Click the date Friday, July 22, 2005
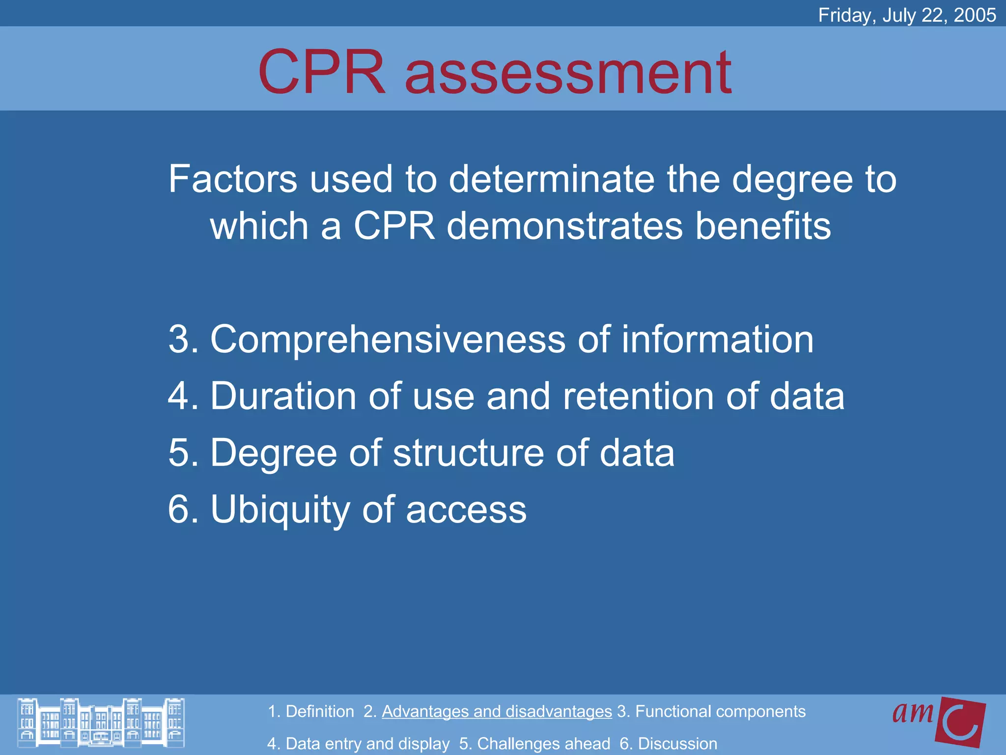pyautogui.click(x=907, y=15)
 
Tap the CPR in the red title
pyautogui.click(x=322, y=73)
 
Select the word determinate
pyautogui.click(x=552, y=179)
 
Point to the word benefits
pyautogui.click(x=763, y=226)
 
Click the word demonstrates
pyautogui.click(x=565, y=226)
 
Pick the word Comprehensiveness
pyautogui.click(x=388, y=340)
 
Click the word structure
pyautogui.click(x=468, y=453)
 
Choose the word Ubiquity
pyautogui.click(x=279, y=510)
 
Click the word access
pyautogui.click(x=466, y=510)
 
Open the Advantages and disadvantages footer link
pyautogui.click(x=497, y=711)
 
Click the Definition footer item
pyautogui.click(x=319, y=711)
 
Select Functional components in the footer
pyautogui.click(x=720, y=711)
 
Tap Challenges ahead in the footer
pyautogui.click(x=543, y=744)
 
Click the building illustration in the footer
pyautogui.click(x=101, y=723)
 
